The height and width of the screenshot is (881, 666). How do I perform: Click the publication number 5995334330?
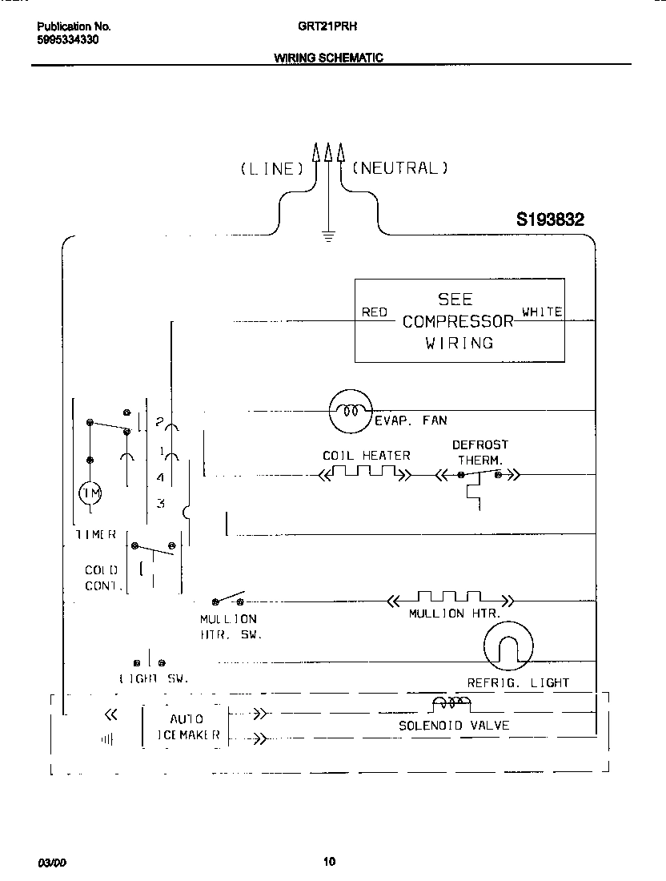pyautogui.click(x=68, y=39)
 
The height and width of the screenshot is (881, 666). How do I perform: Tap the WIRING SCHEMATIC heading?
pyautogui.click(x=328, y=58)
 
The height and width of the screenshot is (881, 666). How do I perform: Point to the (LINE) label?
pyautogui.click(x=272, y=169)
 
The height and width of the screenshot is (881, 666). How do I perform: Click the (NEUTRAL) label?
pyautogui.click(x=399, y=168)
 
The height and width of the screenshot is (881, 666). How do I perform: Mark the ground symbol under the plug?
pyautogui.click(x=327, y=235)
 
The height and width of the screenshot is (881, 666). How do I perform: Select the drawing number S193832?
pyautogui.click(x=550, y=219)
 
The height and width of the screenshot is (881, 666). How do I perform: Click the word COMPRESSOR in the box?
pyautogui.click(x=458, y=322)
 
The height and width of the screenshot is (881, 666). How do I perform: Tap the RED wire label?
pyautogui.click(x=374, y=312)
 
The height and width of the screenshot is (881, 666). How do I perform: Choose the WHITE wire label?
pyautogui.click(x=542, y=312)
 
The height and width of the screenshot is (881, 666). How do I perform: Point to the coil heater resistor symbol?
pyautogui.click(x=365, y=473)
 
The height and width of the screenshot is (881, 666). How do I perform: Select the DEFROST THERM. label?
pyautogui.click(x=479, y=453)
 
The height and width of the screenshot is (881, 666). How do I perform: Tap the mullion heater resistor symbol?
pyautogui.click(x=450, y=598)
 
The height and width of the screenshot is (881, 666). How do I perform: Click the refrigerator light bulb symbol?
pyautogui.click(x=508, y=646)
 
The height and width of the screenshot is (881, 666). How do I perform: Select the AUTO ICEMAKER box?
pyautogui.click(x=186, y=726)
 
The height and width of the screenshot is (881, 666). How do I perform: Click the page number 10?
pyautogui.click(x=329, y=863)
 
